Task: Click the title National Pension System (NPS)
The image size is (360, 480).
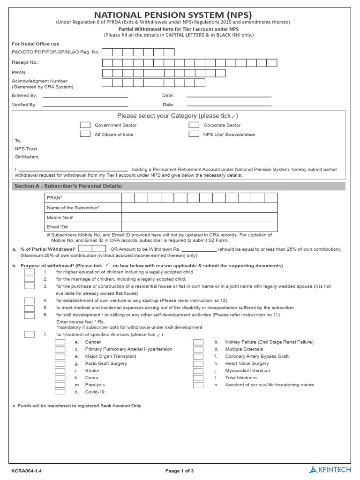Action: tap(173, 15)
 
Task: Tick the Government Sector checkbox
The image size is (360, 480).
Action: tap(85, 125)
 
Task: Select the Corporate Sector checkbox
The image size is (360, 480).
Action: tap(194, 125)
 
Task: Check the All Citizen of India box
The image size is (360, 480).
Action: tap(85, 134)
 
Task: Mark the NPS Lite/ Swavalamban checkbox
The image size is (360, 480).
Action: tap(194, 134)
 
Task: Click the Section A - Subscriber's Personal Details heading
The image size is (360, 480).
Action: tap(68, 186)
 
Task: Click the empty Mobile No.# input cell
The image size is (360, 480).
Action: tap(199, 217)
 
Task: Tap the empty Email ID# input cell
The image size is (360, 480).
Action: tap(199, 227)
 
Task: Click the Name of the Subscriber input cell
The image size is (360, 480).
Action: tap(199, 208)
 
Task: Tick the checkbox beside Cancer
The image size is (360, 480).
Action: tap(60, 342)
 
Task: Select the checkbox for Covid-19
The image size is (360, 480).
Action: tap(60, 392)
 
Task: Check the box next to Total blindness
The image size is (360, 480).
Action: tap(198, 378)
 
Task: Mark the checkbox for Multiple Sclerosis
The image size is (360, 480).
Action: tap(198, 349)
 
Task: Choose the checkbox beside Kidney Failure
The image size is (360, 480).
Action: tap(198, 342)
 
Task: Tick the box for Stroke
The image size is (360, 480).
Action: tap(60, 371)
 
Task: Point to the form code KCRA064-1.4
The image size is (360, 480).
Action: tap(30, 471)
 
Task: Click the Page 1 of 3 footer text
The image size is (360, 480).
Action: tap(180, 471)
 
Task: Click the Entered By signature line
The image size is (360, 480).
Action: tap(85, 96)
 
